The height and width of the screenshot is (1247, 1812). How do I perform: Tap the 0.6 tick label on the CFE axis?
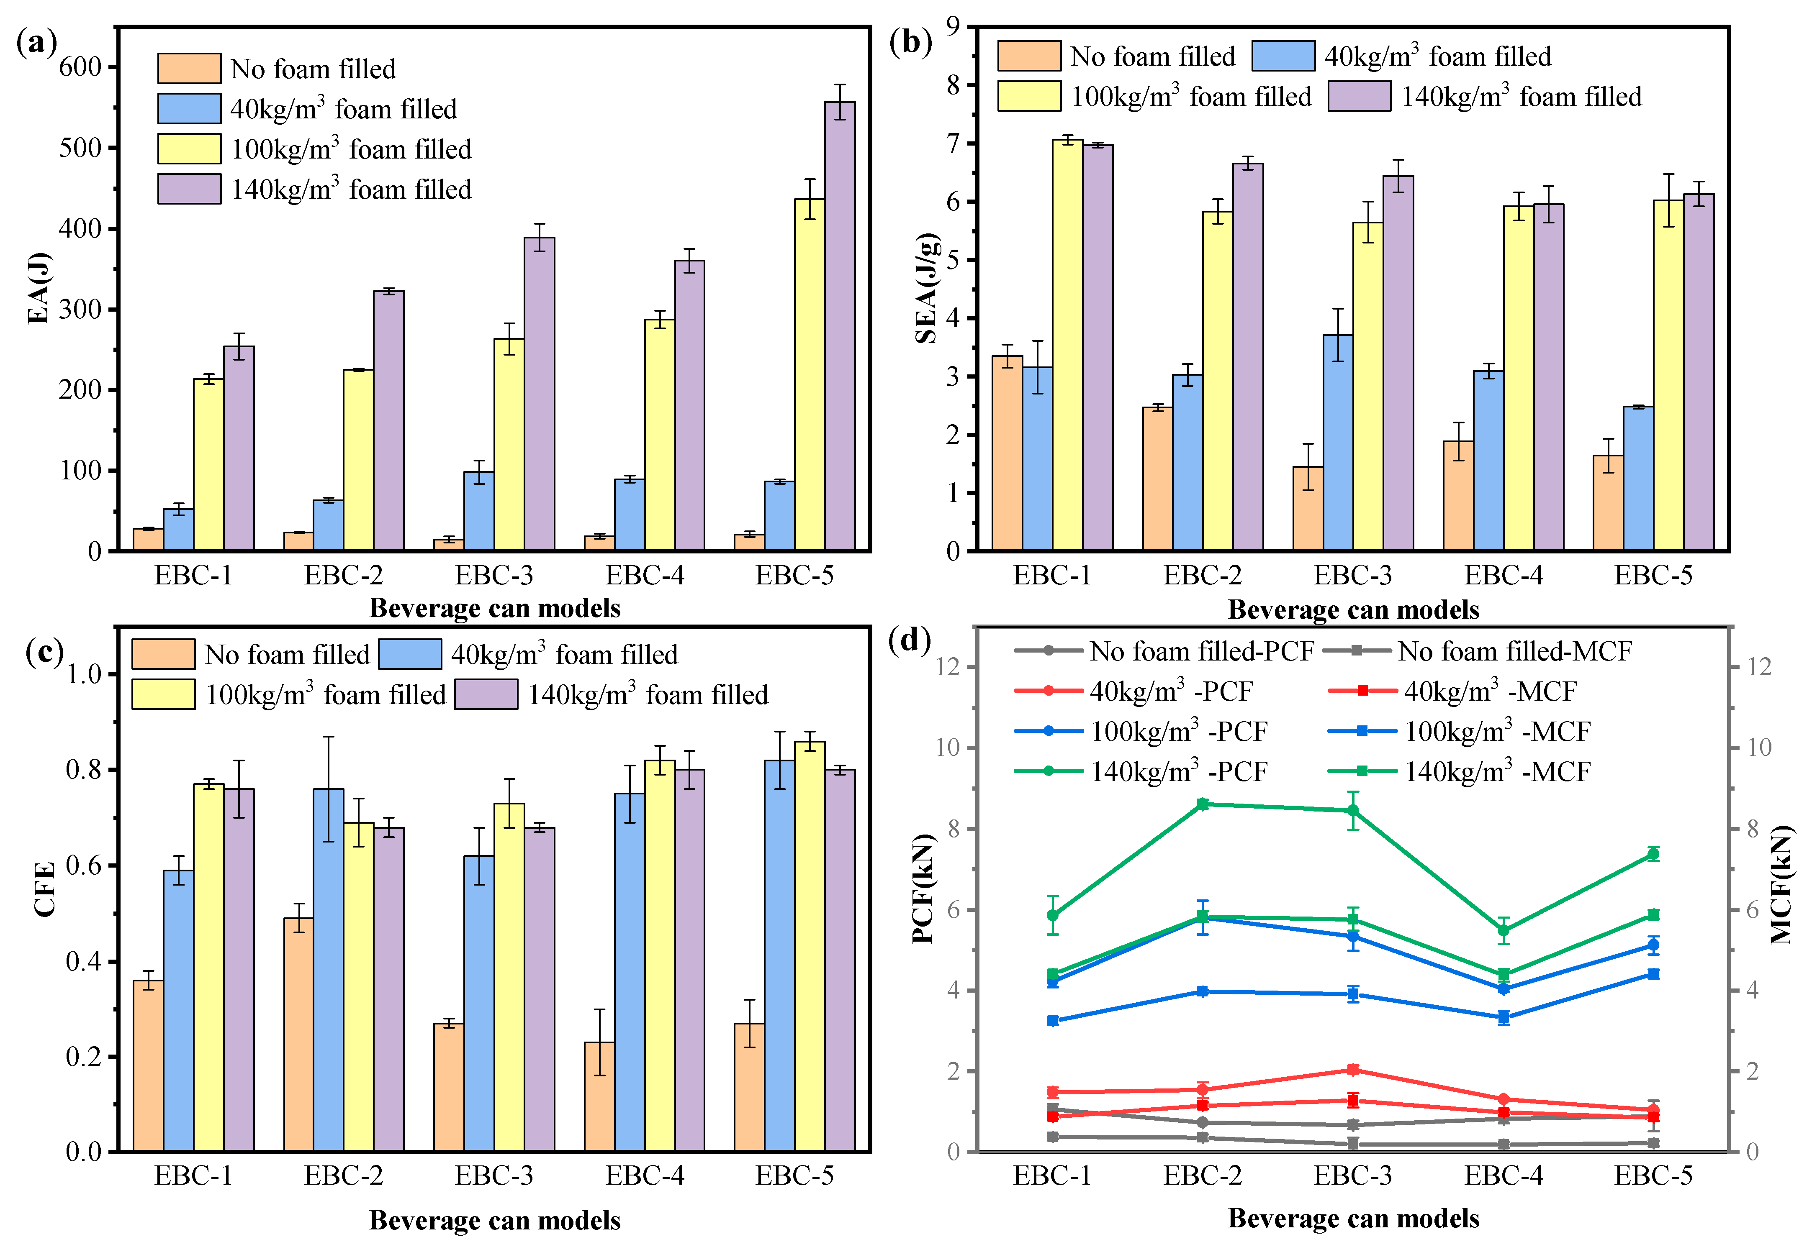click(85, 866)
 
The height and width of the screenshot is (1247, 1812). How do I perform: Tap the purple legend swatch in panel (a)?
click(189, 189)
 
